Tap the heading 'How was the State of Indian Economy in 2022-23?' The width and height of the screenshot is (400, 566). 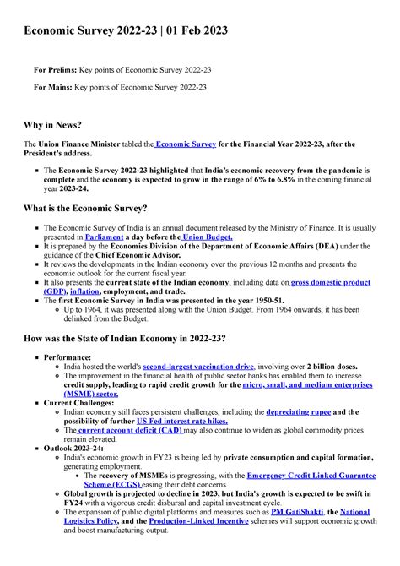(124, 338)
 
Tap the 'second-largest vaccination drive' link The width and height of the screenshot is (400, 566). (198, 367)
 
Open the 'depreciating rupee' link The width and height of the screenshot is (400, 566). (299, 411)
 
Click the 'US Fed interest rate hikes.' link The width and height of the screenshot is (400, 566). (184, 421)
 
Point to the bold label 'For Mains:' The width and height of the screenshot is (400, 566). (52, 86)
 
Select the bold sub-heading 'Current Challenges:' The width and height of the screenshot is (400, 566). (81, 403)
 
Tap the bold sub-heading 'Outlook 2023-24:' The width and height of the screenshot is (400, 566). (76, 448)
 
